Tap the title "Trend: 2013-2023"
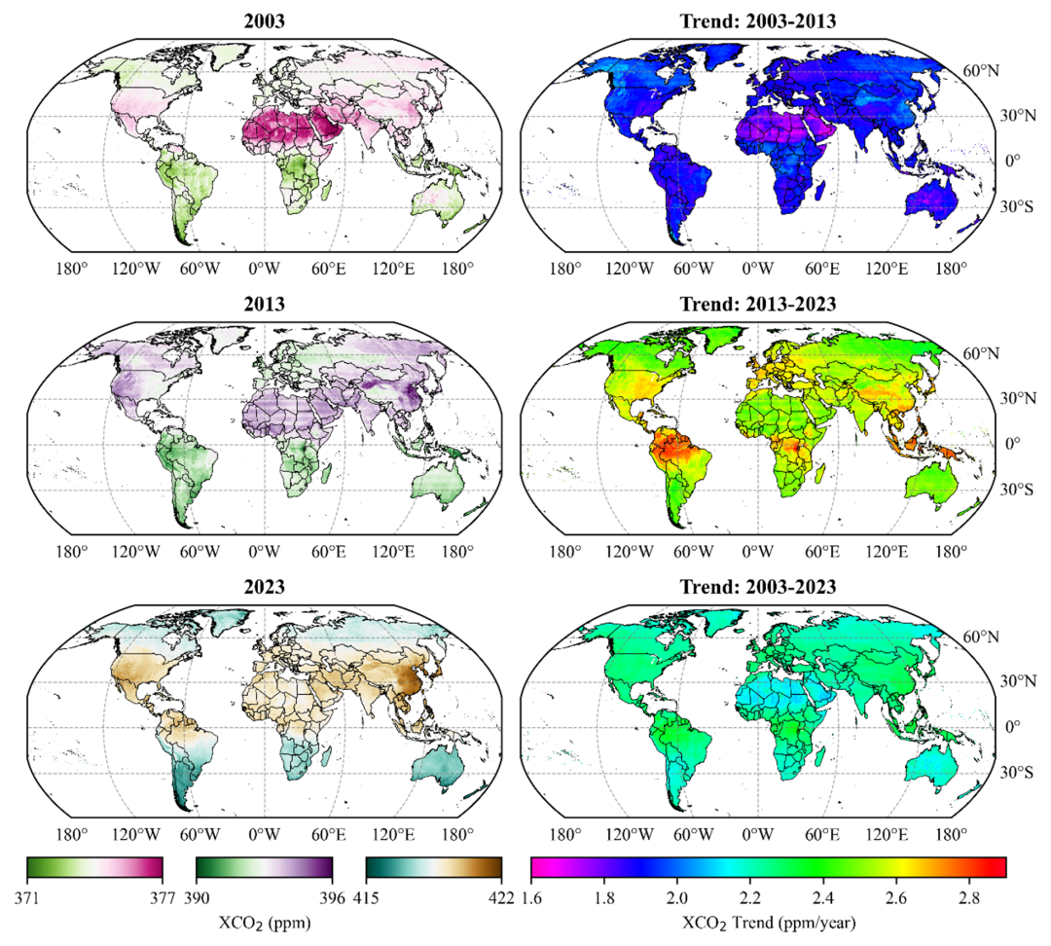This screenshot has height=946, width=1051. click(755, 303)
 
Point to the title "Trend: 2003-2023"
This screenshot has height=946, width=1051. click(755, 587)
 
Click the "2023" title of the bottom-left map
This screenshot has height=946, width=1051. click(265, 587)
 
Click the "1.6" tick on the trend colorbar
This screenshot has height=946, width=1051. click(530, 896)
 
